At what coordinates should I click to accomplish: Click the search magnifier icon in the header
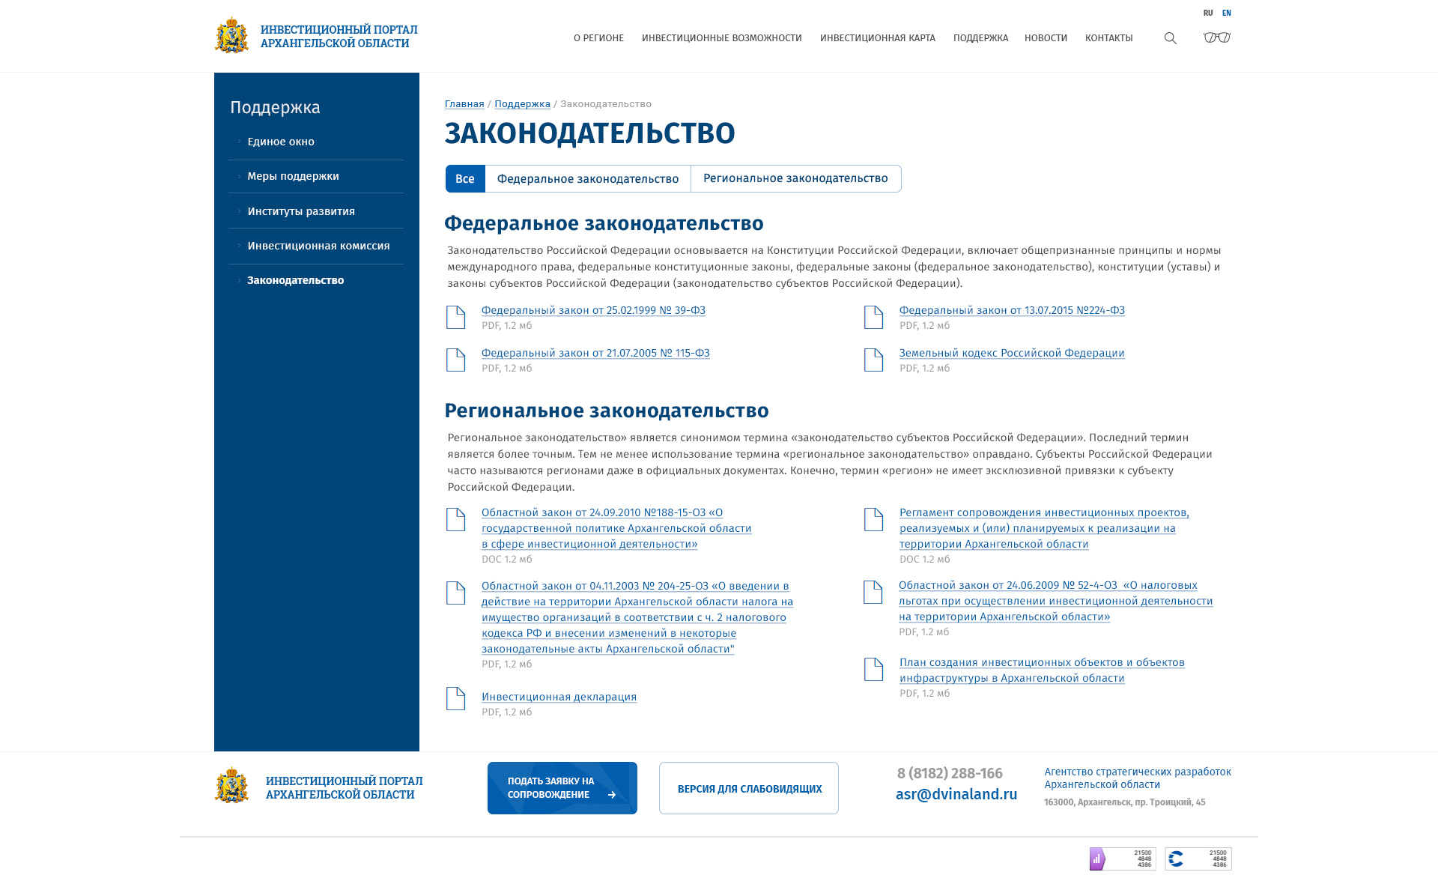coord(1170,38)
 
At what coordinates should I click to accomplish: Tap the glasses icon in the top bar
coord(1216,37)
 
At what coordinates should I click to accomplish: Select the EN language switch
coord(1226,13)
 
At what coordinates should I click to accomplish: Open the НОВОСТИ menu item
coord(1046,38)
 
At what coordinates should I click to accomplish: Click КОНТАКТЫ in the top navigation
coord(1108,38)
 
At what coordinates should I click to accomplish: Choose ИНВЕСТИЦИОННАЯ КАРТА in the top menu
coord(877,38)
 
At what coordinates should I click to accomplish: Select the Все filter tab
coord(465,179)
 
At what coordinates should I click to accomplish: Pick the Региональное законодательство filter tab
coord(795,179)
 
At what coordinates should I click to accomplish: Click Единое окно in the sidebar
coord(281,142)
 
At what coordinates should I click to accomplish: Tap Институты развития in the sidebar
coord(301,211)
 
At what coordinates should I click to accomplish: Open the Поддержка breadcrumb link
coord(522,104)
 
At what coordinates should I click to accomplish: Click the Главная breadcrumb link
coord(464,104)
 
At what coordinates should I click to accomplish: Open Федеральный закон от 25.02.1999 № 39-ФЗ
coord(593,310)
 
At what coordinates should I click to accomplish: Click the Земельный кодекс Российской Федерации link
coord(1012,353)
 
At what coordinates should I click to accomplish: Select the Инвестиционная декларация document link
coord(559,697)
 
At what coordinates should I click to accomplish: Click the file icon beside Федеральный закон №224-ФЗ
coord(873,317)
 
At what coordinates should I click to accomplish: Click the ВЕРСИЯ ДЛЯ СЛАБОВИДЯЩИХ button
coord(749,789)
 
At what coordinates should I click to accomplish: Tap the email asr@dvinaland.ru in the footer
coord(956,795)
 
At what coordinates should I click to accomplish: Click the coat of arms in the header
coord(231,36)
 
